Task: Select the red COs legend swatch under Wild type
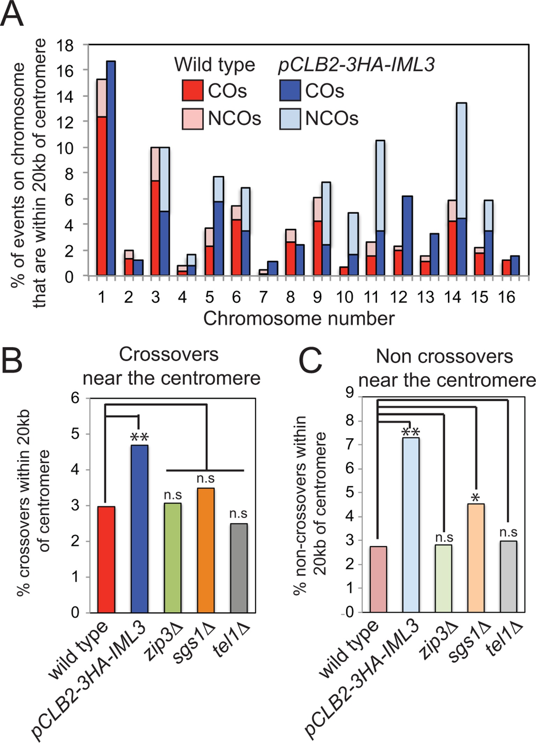pyautogui.click(x=192, y=91)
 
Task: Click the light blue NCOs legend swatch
pyautogui.click(x=290, y=119)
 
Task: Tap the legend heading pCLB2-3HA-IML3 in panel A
pyautogui.click(x=356, y=65)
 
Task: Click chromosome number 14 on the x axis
pyautogui.click(x=453, y=297)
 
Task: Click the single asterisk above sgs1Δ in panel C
pyautogui.click(x=475, y=498)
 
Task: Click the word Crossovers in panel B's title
pyautogui.click(x=169, y=355)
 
